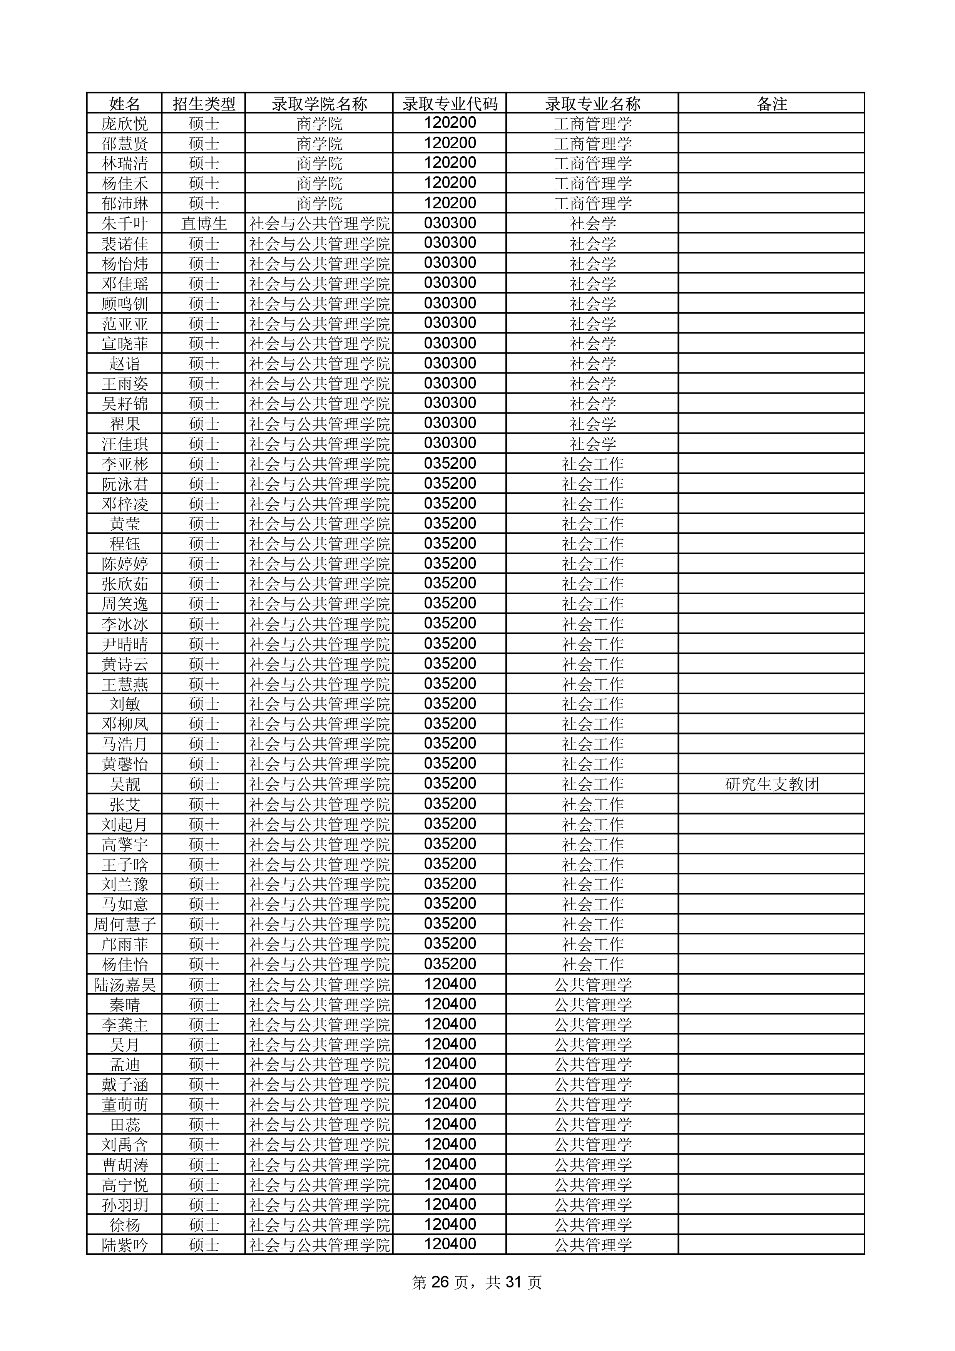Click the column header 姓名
click(x=125, y=104)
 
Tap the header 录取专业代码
click(x=450, y=104)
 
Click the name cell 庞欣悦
click(x=125, y=124)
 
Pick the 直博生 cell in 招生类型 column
click(x=204, y=224)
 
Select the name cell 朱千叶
click(x=125, y=224)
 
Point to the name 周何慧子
click(x=125, y=924)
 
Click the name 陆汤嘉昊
click(x=125, y=984)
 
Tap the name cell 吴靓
click(x=125, y=784)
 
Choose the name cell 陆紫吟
click(x=125, y=1245)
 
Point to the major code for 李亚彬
click(x=450, y=464)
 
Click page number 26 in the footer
click(x=440, y=1282)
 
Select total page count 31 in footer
click(x=514, y=1282)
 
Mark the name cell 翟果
click(x=125, y=424)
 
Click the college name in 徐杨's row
click(x=319, y=1225)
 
